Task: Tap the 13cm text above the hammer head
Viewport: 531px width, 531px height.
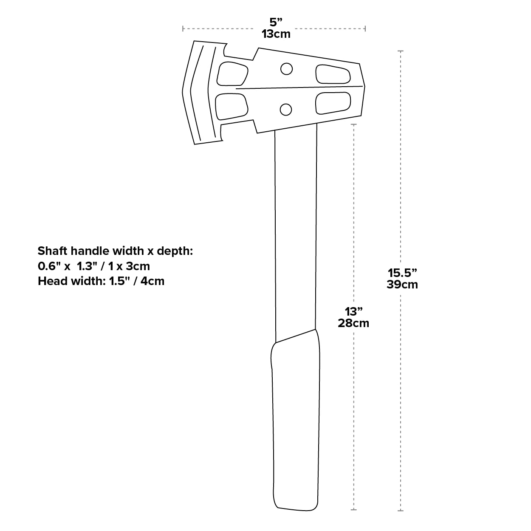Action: click(x=276, y=34)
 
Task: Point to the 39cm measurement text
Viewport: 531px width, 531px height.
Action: click(x=402, y=284)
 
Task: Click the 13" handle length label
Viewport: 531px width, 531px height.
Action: click(x=353, y=311)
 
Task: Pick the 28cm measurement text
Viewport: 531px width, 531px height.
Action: click(x=353, y=323)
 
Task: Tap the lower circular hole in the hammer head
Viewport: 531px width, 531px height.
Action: click(x=286, y=110)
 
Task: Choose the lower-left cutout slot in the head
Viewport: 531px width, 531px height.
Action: click(x=232, y=106)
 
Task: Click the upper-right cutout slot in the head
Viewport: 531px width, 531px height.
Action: click(x=333, y=74)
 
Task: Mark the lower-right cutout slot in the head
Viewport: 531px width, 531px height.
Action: click(x=333, y=103)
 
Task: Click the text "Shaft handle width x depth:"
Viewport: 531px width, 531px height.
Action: click(x=116, y=251)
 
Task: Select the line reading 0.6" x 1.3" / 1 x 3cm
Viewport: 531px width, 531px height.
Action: click(x=94, y=266)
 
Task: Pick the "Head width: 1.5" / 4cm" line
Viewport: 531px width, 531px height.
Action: click(x=101, y=281)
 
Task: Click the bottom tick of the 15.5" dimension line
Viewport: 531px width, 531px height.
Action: click(x=400, y=510)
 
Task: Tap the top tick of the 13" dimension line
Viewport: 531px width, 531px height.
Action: click(x=353, y=124)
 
